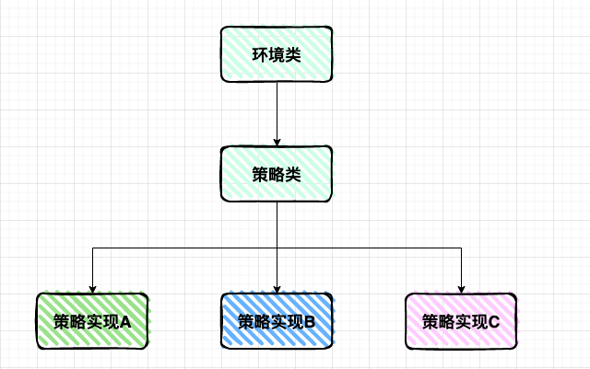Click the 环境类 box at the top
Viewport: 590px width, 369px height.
(x=277, y=54)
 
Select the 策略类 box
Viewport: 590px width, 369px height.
(x=277, y=174)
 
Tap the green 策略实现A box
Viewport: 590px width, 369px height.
(x=92, y=321)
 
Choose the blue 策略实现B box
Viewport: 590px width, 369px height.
(x=277, y=321)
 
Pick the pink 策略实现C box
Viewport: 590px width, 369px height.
(x=461, y=321)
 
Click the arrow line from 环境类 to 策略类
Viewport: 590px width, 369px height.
(x=277, y=110)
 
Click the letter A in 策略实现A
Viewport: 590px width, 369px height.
(x=125, y=322)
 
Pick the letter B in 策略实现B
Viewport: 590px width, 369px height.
(x=310, y=322)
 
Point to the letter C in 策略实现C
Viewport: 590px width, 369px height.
(x=494, y=322)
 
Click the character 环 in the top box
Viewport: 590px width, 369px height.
(x=261, y=55)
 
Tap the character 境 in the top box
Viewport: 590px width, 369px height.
(x=277, y=55)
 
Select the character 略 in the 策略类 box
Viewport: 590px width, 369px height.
(x=277, y=175)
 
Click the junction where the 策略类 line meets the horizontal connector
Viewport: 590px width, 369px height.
(x=277, y=248)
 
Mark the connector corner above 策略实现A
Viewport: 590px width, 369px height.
(x=92, y=248)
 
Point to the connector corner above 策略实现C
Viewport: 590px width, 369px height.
(x=461, y=248)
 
